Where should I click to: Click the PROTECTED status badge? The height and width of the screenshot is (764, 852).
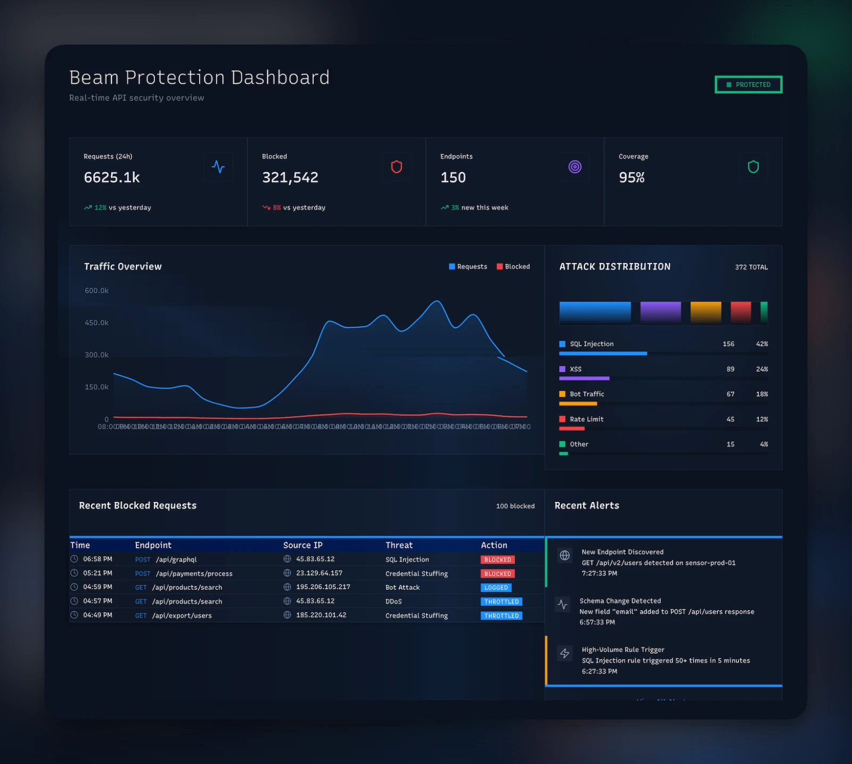(x=748, y=85)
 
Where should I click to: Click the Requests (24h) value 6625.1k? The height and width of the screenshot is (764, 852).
(x=112, y=177)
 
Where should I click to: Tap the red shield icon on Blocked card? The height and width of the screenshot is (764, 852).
(x=396, y=167)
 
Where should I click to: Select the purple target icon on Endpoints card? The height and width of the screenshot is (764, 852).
(x=575, y=167)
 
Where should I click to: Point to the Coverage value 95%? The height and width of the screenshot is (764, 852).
(x=632, y=177)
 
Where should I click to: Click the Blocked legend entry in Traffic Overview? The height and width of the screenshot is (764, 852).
(x=513, y=266)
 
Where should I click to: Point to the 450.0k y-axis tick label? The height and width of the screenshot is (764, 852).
(x=96, y=323)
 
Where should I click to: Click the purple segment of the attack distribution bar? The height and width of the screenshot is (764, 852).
(x=660, y=312)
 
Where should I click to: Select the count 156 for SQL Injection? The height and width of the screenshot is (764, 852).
(x=728, y=344)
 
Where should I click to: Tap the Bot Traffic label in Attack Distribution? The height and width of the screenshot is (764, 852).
(x=587, y=394)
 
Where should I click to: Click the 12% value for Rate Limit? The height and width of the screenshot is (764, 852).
(x=761, y=419)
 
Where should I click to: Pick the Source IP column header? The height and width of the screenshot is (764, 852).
(x=302, y=545)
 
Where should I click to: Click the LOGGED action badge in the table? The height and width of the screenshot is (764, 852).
(x=496, y=588)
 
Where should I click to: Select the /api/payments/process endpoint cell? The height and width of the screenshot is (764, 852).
(x=194, y=574)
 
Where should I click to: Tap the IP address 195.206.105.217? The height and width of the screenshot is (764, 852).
(x=323, y=587)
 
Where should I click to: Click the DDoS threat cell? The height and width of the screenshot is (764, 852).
(x=394, y=602)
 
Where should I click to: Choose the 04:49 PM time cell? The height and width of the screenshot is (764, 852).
(x=97, y=615)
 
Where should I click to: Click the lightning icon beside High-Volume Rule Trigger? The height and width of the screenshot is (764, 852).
(x=564, y=653)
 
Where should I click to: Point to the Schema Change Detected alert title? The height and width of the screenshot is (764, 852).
(x=620, y=601)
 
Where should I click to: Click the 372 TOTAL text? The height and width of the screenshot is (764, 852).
(x=751, y=267)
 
